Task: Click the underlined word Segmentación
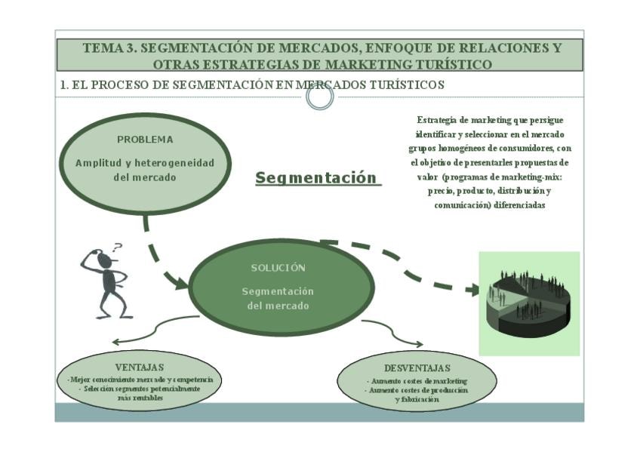tap(315, 178)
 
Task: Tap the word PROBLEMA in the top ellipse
tap(145, 140)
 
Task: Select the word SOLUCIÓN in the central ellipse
tap(278, 268)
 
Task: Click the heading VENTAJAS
tap(140, 367)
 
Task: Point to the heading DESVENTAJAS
tap(417, 367)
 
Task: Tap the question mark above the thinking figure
tap(117, 247)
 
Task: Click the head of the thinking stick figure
tap(104, 260)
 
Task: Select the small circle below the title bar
tap(320, 97)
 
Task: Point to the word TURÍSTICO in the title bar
tap(455, 64)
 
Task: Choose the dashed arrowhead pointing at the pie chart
tap(472, 289)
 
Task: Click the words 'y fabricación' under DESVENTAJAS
tap(417, 399)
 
